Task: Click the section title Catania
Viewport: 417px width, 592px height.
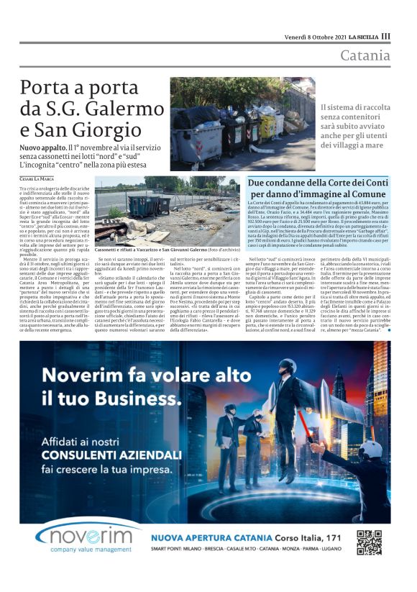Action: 365,55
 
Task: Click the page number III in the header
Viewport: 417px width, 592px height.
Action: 386,36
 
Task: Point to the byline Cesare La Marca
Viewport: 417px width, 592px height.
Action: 37,178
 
